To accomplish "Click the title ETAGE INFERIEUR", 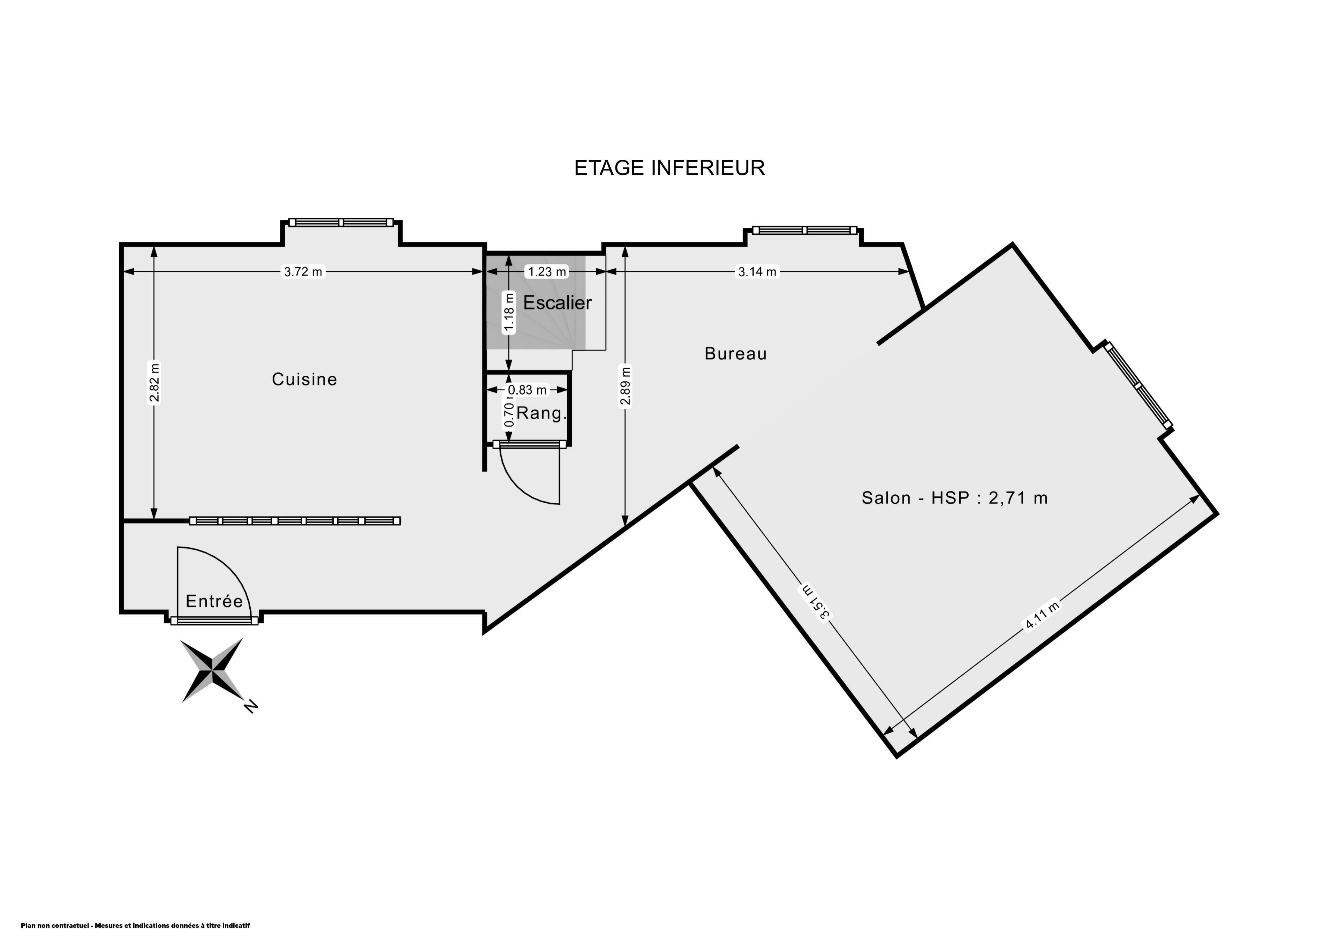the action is point(669,168).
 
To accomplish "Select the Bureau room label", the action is point(735,354).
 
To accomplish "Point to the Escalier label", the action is point(558,302).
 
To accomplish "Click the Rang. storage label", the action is point(542,414).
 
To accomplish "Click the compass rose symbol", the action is point(212,670).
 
